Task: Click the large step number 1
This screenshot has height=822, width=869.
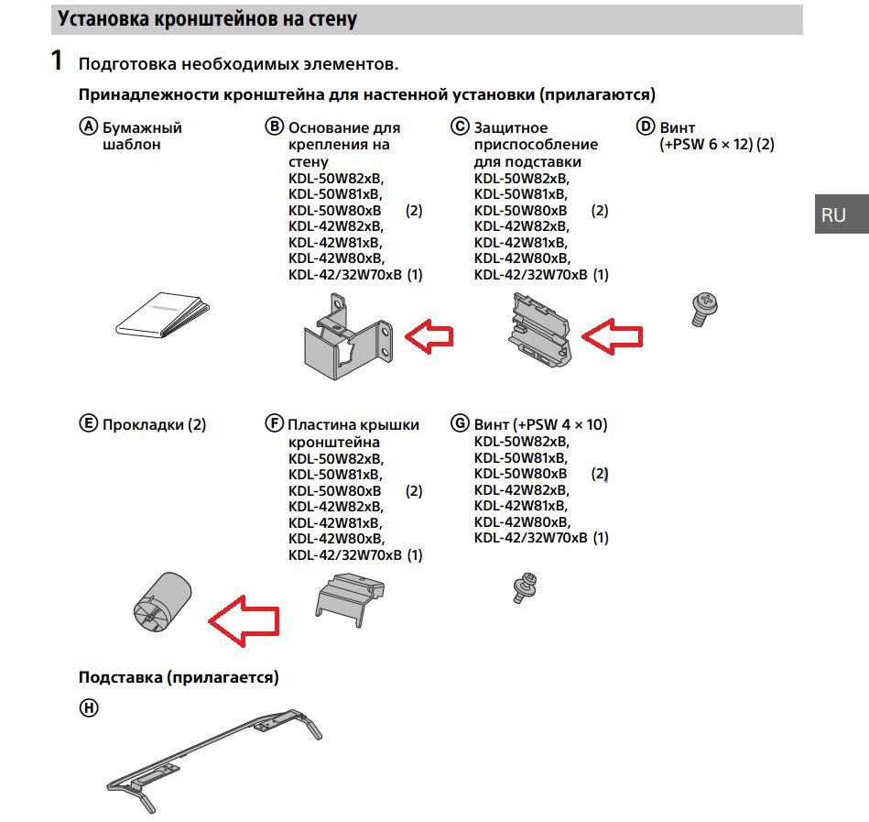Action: tap(57, 62)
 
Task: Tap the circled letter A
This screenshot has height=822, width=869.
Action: tap(88, 127)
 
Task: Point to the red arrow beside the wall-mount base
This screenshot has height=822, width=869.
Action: tap(429, 336)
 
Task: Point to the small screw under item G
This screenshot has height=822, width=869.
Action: tap(524, 586)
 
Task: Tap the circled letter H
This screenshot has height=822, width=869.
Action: tap(88, 707)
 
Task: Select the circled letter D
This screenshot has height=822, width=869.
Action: tap(646, 127)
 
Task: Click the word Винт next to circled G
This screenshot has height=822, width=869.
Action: tap(493, 424)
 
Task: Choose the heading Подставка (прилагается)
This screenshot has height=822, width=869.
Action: tap(179, 677)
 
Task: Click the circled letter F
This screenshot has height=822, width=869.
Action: tap(274, 424)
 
